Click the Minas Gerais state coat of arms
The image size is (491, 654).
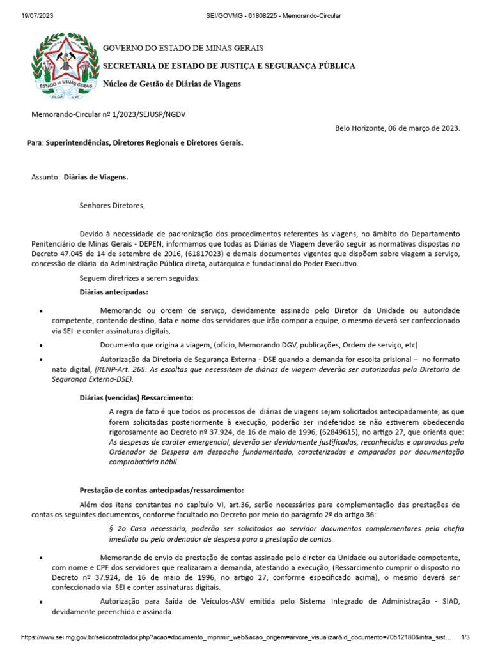(x=66, y=67)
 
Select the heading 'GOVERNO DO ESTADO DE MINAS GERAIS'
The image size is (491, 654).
(x=183, y=49)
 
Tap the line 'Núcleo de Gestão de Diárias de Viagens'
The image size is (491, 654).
(x=172, y=84)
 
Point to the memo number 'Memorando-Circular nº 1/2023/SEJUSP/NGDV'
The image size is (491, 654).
(x=109, y=114)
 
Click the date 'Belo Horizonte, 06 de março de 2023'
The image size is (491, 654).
(x=397, y=128)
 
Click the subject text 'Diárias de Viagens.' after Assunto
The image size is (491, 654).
(x=95, y=177)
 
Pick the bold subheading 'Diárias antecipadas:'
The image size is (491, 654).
(x=114, y=292)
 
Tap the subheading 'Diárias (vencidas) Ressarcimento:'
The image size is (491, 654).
(x=136, y=397)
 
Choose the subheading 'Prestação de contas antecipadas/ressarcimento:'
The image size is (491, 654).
(x=161, y=490)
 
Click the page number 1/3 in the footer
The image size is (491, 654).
(x=465, y=637)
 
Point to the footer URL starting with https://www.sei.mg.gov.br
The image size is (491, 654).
(x=237, y=637)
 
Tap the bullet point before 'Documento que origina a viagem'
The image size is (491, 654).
(x=41, y=346)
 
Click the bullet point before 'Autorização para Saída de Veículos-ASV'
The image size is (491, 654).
(x=41, y=602)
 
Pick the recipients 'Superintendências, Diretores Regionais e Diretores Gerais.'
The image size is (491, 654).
(x=144, y=144)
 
